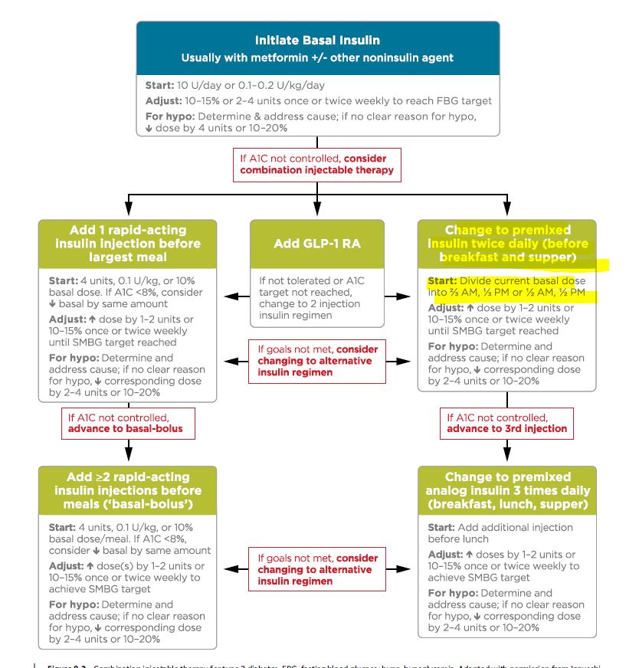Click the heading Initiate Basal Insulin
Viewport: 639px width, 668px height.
coord(317,40)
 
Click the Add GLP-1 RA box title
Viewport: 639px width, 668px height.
coord(317,244)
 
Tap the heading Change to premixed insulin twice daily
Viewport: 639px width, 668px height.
coord(506,244)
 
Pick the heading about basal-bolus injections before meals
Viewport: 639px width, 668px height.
coord(127,490)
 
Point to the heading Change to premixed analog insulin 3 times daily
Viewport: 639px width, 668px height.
coord(506,490)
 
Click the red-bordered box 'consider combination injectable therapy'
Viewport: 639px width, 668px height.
coord(317,164)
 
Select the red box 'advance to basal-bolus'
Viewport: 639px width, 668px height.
coord(127,424)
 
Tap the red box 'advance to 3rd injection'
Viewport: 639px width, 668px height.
coord(506,424)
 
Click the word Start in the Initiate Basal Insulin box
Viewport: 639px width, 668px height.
coord(159,85)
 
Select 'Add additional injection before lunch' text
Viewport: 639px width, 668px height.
coord(500,533)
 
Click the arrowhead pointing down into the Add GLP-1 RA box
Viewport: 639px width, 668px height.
coord(317,213)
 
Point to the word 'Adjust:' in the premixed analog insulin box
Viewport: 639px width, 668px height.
coord(445,555)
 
